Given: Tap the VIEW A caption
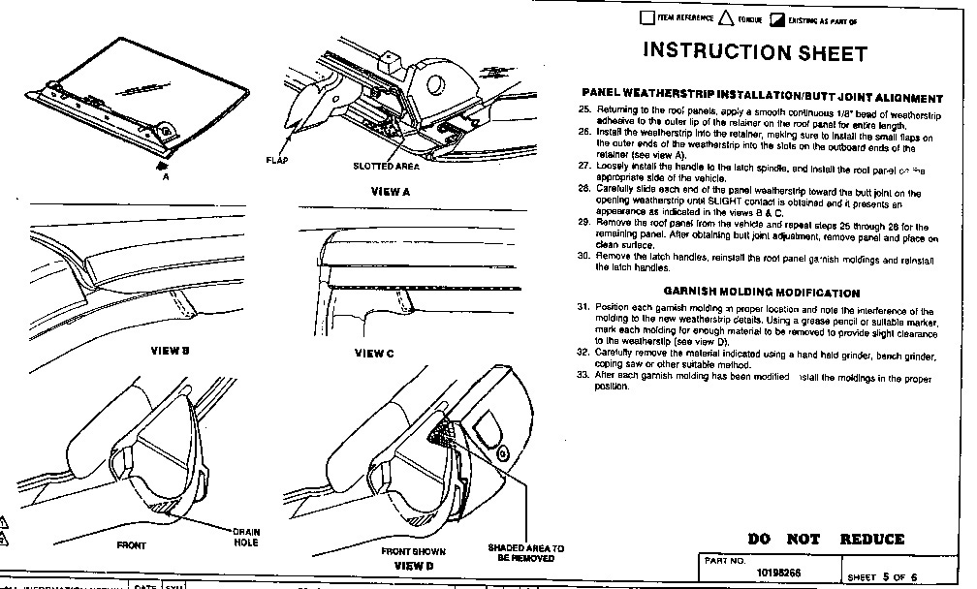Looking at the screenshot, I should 392,191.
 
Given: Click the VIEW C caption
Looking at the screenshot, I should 374,354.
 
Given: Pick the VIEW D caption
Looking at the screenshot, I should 414,564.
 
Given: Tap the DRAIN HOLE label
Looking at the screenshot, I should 244,538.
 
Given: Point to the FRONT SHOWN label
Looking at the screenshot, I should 413,550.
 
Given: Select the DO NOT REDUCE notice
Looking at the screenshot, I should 826,539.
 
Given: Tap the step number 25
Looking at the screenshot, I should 583,111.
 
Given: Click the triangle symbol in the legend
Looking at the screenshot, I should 728,17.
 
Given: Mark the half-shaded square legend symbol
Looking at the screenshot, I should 776,18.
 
